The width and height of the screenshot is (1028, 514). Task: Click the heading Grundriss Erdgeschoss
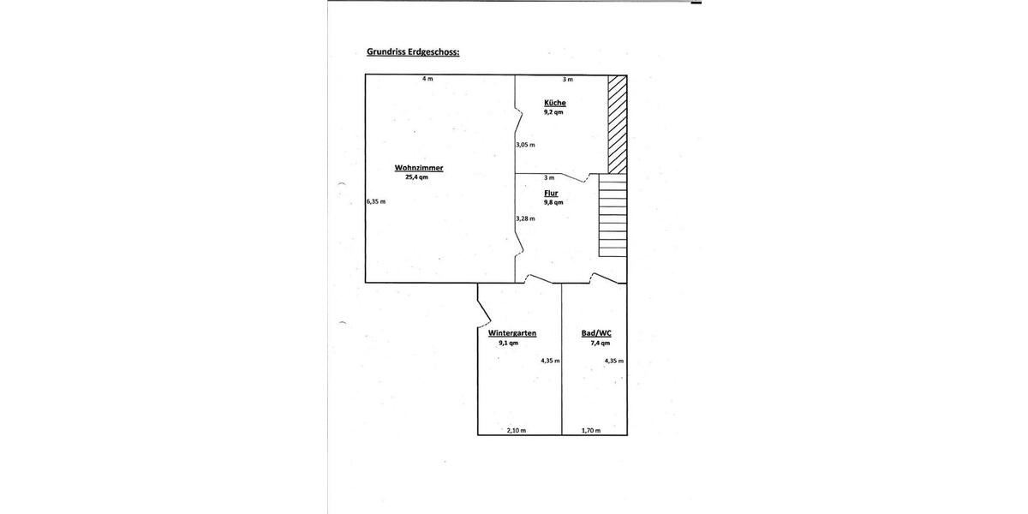point(413,52)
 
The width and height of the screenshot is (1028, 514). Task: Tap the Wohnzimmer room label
point(419,168)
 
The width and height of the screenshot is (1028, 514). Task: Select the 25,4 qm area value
point(416,177)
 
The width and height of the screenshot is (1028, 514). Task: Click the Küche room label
point(555,103)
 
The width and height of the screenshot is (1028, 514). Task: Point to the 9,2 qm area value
point(553,112)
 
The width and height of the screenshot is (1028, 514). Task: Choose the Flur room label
point(551,194)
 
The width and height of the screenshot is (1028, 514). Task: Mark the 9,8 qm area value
point(553,202)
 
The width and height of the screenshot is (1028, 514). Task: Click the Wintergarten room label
point(512,333)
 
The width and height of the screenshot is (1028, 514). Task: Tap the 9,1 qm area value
point(509,343)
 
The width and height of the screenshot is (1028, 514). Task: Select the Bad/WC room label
point(596,333)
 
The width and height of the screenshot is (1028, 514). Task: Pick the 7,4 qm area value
point(601,343)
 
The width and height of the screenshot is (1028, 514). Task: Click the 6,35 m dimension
point(376,201)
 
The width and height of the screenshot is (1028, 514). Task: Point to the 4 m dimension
point(427,79)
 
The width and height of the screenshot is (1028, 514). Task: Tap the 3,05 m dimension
point(525,145)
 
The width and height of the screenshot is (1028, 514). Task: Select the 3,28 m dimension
point(525,219)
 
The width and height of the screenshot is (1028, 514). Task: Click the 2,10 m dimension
point(517,430)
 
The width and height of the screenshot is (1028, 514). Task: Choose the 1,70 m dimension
point(591,430)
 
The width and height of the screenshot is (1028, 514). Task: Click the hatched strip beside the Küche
point(618,124)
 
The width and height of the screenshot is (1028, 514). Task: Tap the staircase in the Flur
point(613,215)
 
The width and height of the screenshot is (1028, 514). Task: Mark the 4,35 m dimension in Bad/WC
point(614,361)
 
